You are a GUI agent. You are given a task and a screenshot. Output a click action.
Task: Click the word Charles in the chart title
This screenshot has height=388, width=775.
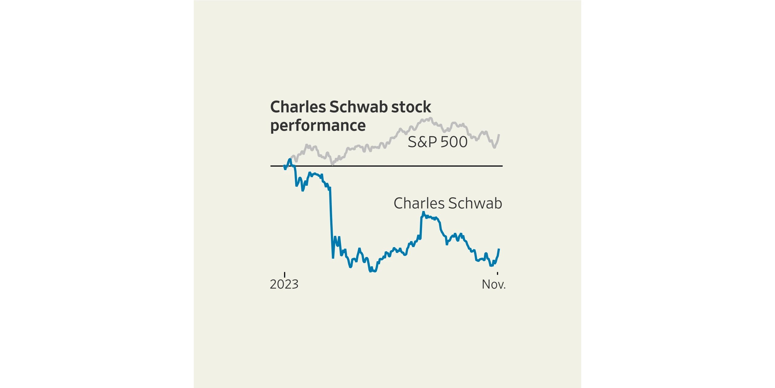(x=298, y=107)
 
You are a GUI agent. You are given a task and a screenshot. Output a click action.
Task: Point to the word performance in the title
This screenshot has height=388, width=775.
(x=318, y=125)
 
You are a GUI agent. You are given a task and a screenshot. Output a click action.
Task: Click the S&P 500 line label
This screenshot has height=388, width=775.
(x=437, y=142)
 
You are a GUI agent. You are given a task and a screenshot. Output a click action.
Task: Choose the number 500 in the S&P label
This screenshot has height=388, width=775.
(x=454, y=142)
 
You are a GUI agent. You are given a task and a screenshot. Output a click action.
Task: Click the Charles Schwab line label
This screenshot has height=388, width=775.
(x=448, y=203)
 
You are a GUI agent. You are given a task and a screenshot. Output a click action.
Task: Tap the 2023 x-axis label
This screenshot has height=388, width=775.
(x=284, y=284)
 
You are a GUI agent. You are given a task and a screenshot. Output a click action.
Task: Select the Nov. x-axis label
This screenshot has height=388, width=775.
(x=494, y=284)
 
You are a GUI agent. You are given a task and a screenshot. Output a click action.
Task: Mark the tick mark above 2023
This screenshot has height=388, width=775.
(x=285, y=275)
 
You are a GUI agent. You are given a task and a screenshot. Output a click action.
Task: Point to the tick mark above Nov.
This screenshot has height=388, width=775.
(x=497, y=274)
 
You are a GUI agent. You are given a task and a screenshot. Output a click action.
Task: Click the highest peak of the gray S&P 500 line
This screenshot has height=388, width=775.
(x=431, y=118)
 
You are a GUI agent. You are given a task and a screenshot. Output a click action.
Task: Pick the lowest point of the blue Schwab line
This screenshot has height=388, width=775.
(x=370, y=271)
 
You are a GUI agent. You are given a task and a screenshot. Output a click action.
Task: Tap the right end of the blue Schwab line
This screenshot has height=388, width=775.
(x=499, y=249)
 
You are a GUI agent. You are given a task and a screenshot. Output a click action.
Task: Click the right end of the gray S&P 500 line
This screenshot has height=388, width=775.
(x=499, y=135)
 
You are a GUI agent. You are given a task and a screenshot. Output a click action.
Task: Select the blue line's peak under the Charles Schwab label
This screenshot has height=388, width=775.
(x=423, y=212)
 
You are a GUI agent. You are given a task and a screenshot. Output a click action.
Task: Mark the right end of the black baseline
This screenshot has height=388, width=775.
(x=502, y=166)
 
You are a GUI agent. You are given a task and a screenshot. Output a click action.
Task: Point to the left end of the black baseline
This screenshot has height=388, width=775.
(x=271, y=166)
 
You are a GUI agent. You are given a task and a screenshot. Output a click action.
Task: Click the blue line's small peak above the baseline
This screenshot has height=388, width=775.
(x=290, y=159)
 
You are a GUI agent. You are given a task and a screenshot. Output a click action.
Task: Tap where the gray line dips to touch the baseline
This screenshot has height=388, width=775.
(x=333, y=165)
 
